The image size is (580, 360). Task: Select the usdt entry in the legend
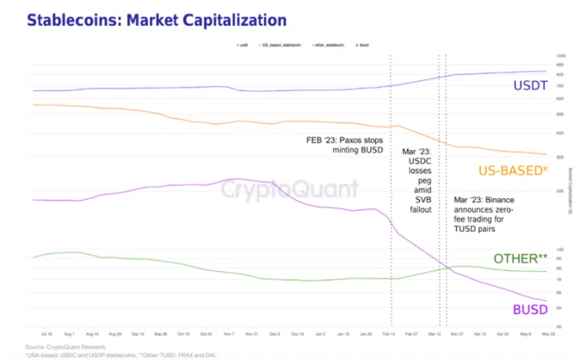click(x=243, y=45)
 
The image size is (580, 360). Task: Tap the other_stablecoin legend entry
click(x=327, y=45)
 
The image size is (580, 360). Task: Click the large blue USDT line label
click(x=531, y=86)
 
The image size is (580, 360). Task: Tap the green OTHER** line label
click(x=521, y=258)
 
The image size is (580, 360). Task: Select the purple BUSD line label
click(x=530, y=310)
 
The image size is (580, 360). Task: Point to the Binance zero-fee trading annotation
click(x=484, y=214)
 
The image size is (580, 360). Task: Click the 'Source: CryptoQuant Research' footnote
click(x=66, y=347)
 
